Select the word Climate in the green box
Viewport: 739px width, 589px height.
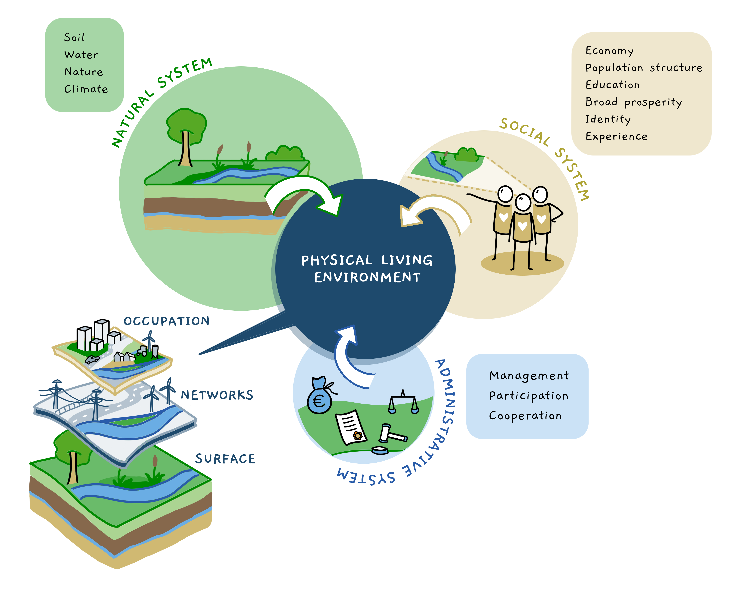(x=86, y=89)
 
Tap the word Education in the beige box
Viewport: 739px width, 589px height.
(x=613, y=85)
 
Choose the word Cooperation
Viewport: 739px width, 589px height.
(x=525, y=416)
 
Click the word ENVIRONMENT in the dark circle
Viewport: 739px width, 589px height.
(x=367, y=277)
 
